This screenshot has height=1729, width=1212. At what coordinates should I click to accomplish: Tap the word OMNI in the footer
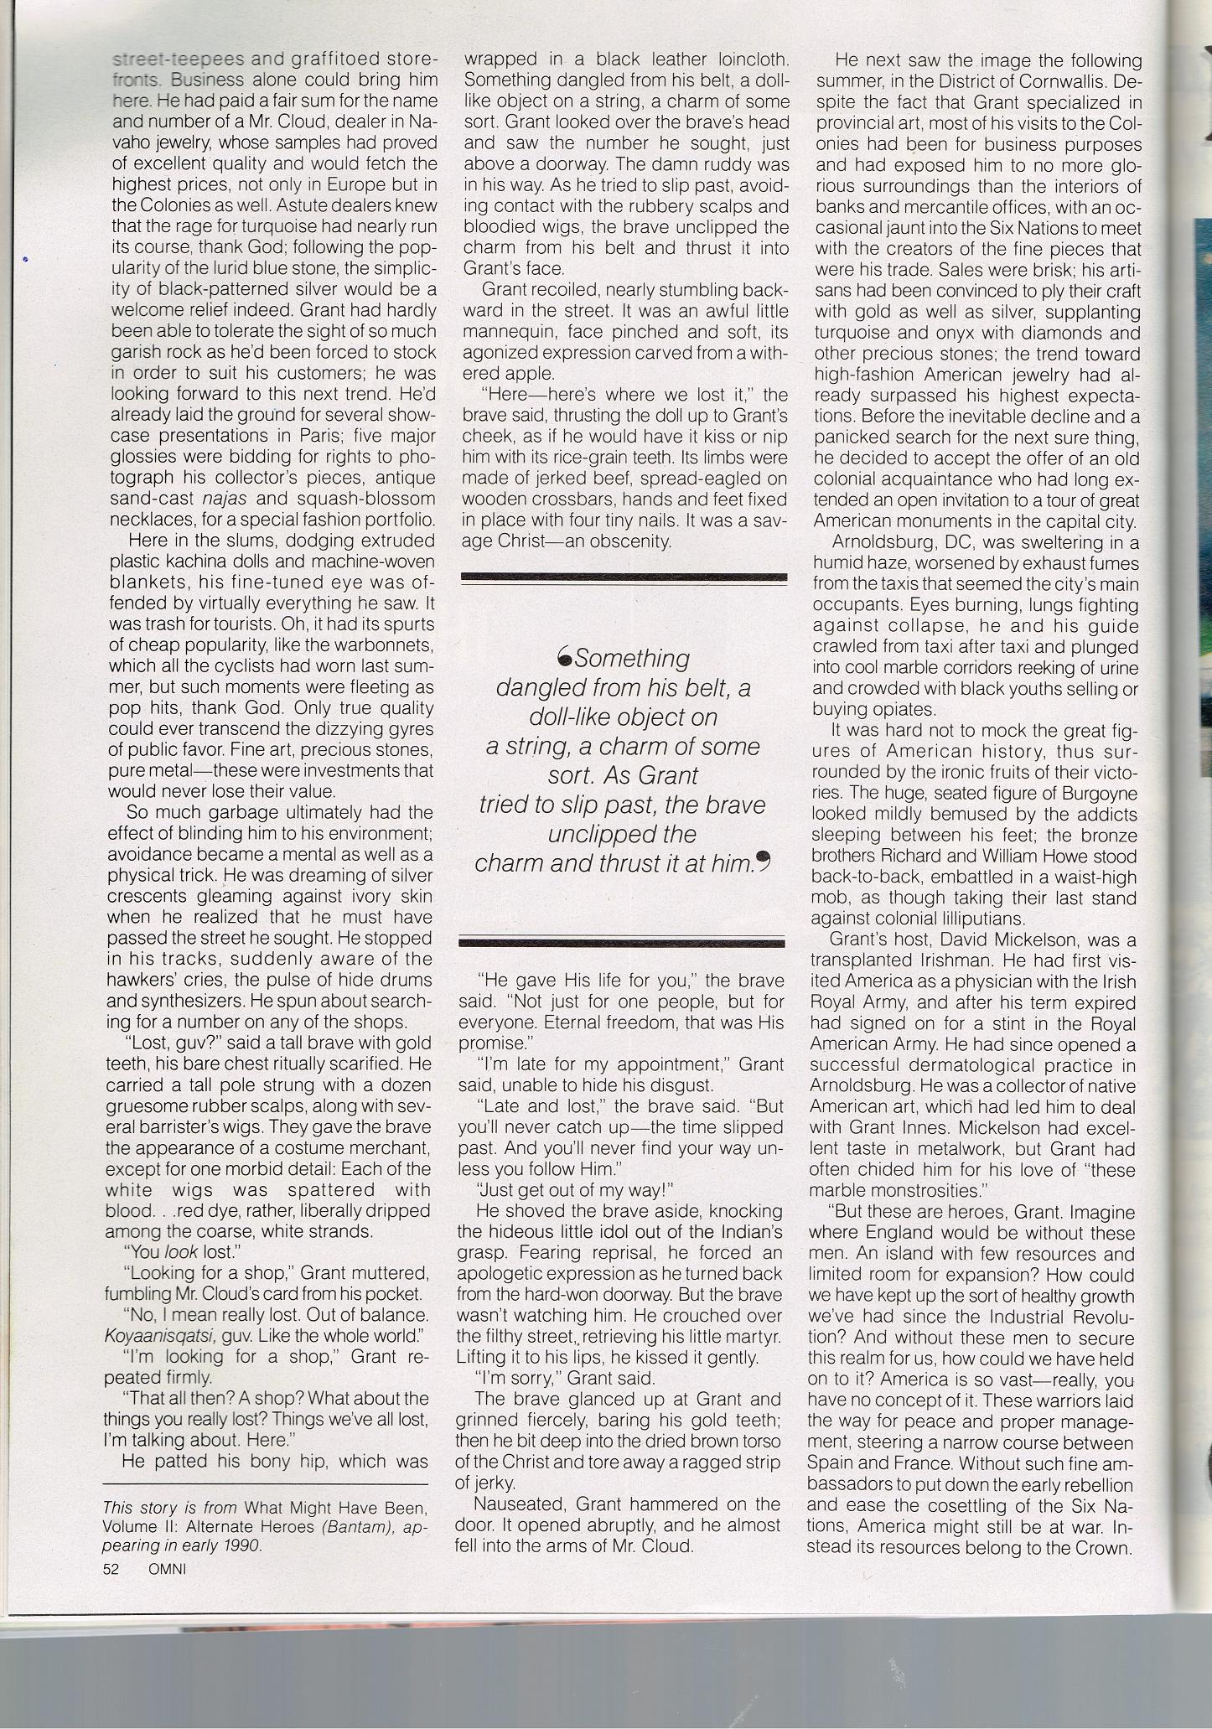click(x=166, y=1570)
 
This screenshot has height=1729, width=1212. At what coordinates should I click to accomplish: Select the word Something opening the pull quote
click(x=632, y=659)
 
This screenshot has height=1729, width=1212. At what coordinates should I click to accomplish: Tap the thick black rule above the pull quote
click(x=624, y=577)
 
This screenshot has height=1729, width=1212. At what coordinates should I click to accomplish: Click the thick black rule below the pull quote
click(x=621, y=942)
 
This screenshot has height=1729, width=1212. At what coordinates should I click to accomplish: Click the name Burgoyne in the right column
click(x=1099, y=793)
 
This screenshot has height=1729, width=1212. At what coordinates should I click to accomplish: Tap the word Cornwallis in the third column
click(x=1061, y=81)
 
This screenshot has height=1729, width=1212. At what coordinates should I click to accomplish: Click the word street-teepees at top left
click(x=178, y=60)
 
